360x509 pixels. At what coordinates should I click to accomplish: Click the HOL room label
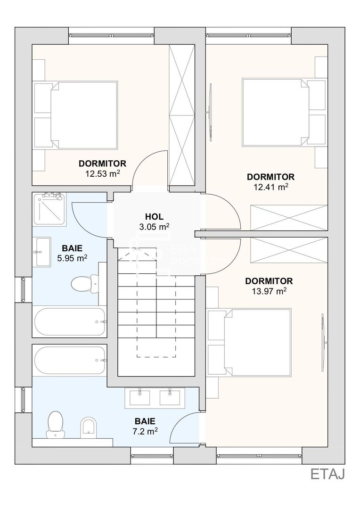(154, 216)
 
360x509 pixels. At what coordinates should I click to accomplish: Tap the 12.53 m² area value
(103, 173)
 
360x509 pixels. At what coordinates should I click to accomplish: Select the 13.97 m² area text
(269, 291)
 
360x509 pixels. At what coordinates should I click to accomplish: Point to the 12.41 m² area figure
(271, 187)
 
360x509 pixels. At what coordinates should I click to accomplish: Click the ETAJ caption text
(327, 474)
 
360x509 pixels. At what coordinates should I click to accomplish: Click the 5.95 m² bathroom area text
(72, 258)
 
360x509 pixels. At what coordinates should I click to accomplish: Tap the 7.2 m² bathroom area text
(145, 431)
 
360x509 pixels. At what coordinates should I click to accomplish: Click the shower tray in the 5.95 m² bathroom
(49, 209)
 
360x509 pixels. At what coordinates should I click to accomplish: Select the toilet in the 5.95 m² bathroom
(84, 283)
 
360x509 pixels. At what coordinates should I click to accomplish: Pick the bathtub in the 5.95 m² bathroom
(70, 322)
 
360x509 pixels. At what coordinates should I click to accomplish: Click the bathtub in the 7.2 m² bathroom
(70, 361)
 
